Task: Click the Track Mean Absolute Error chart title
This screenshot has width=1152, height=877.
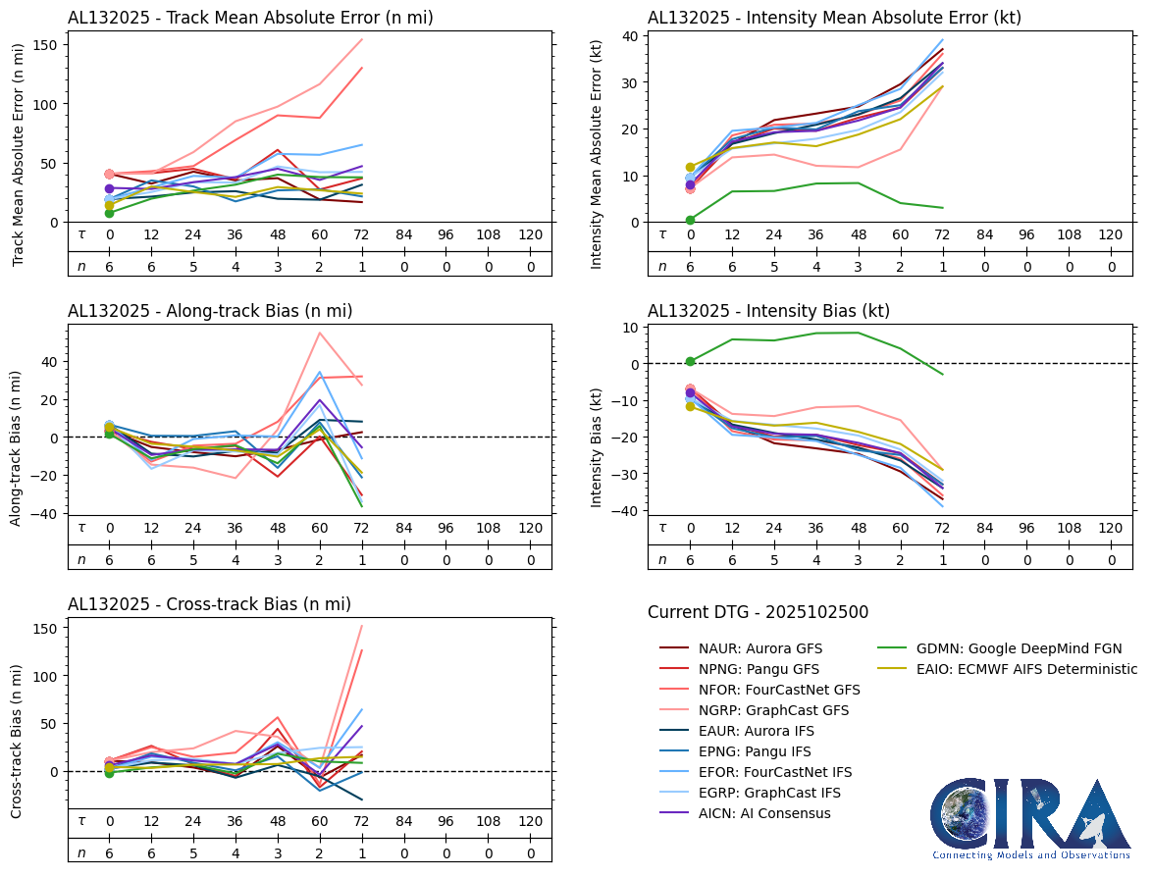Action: point(250,18)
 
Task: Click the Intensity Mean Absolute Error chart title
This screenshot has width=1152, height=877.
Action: point(834,18)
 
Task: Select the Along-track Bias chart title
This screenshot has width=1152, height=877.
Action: point(210,311)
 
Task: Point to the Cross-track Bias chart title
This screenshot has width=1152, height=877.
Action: point(209,604)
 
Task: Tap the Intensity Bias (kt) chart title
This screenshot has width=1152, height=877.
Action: point(768,311)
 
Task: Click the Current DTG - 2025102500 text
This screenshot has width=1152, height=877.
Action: point(758,612)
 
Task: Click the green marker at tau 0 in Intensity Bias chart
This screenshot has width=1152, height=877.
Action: point(690,362)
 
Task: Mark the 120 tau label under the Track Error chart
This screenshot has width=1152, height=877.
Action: point(530,234)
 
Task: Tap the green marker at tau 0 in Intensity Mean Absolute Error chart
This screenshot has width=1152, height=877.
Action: point(690,220)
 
